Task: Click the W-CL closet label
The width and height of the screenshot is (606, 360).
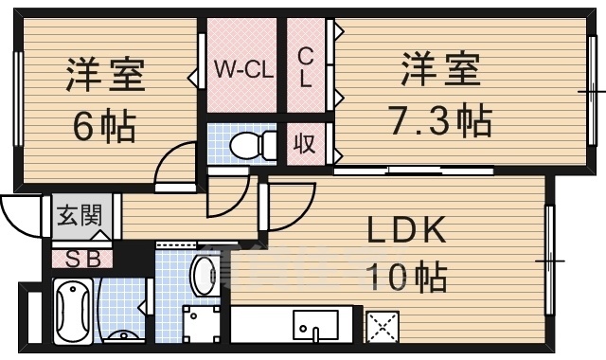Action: (243, 69)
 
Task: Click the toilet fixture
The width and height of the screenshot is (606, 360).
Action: (249, 146)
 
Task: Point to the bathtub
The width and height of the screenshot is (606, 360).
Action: (75, 312)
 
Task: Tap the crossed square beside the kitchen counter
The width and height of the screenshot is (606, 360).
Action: (383, 328)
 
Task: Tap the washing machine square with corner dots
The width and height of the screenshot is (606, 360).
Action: (202, 325)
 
